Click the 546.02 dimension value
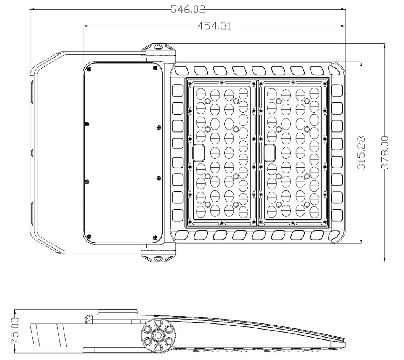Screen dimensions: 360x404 coord(188,9)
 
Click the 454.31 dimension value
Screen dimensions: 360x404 coord(214,26)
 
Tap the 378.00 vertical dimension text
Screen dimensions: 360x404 coord(385,153)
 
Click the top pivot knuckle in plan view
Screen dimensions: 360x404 coord(158,47)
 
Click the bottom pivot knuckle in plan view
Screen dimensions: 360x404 coord(158,258)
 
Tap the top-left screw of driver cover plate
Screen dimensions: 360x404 coord(88,69)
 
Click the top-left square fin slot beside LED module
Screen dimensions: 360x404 coord(178,90)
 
